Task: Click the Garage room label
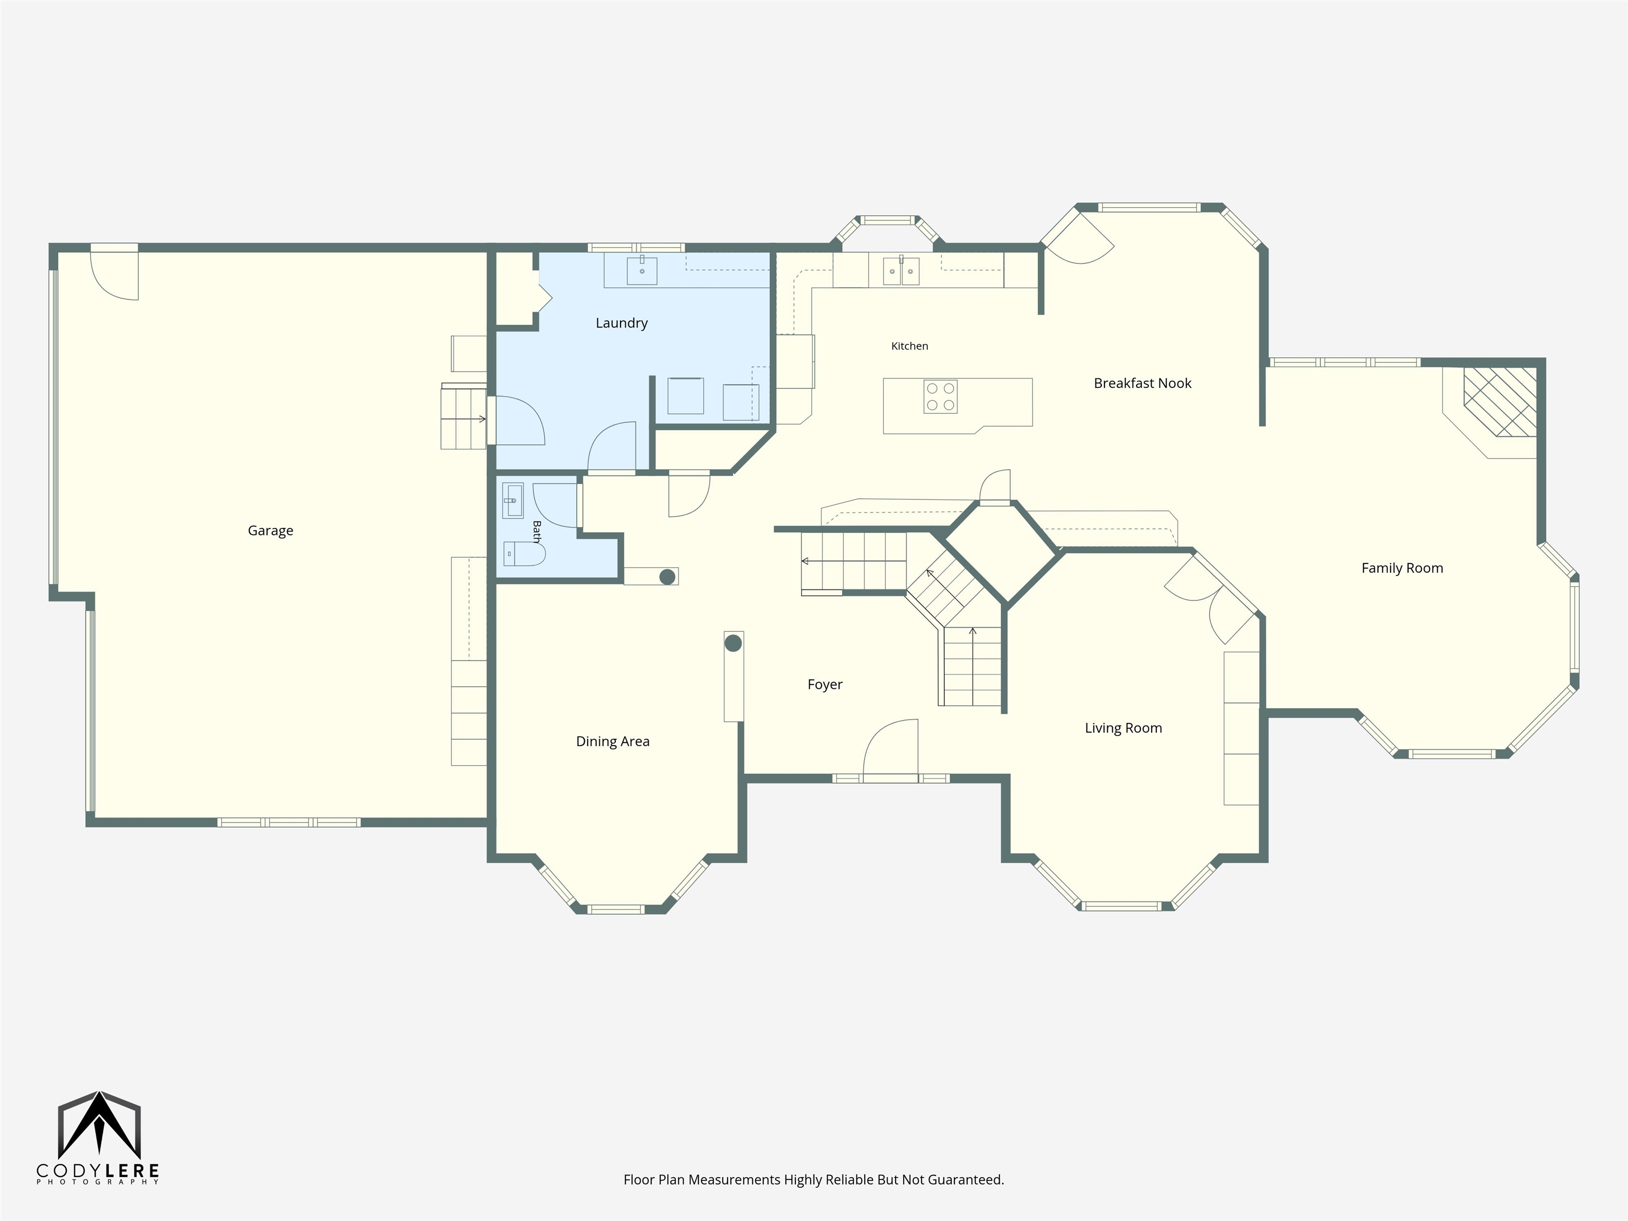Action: pos(270,530)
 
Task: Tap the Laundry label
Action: pos(621,323)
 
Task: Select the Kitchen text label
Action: pos(910,346)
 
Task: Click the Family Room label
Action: pos(1402,568)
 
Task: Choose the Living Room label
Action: pos(1123,728)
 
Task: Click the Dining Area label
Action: pos(612,741)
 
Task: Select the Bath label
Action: pos(536,532)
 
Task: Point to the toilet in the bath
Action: pos(524,553)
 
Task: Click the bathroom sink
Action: pos(512,500)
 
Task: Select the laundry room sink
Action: pos(642,270)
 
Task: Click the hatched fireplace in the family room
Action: pos(1499,402)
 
